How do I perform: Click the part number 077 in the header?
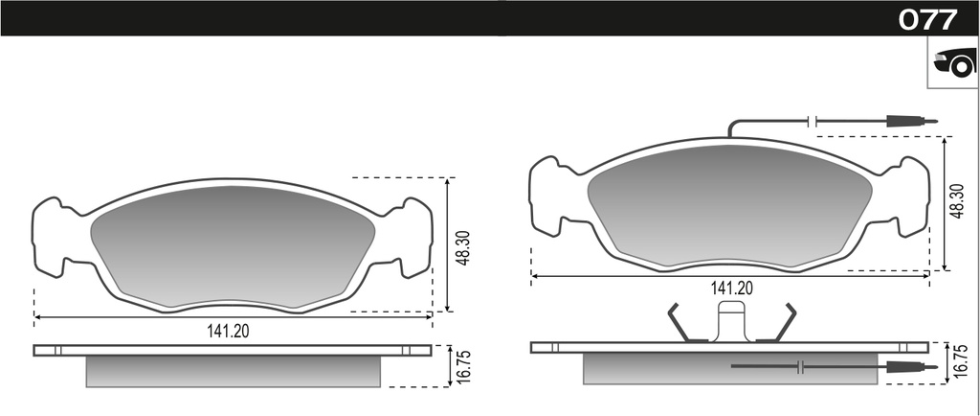[x=927, y=19]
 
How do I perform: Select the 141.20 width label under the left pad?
[x=228, y=332]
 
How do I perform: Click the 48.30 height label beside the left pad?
[x=462, y=246]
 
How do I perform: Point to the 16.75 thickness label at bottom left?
[x=464, y=365]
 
